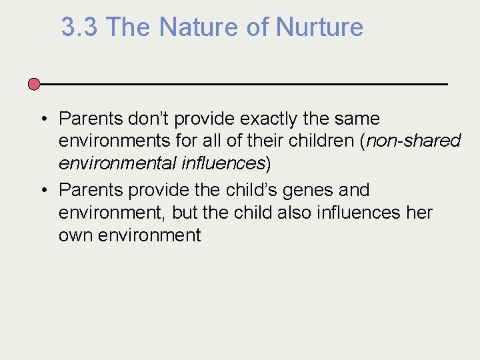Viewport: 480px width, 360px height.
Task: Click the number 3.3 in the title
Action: click(x=81, y=27)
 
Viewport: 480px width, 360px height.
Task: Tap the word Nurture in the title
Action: click(x=319, y=27)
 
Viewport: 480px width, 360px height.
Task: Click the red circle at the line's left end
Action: click(x=34, y=84)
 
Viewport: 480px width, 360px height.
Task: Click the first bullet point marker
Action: click(x=42, y=119)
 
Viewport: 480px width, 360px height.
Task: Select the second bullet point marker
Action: click(x=42, y=191)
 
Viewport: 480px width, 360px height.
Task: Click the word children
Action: click(x=320, y=141)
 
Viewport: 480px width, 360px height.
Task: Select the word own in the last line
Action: click(x=74, y=235)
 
